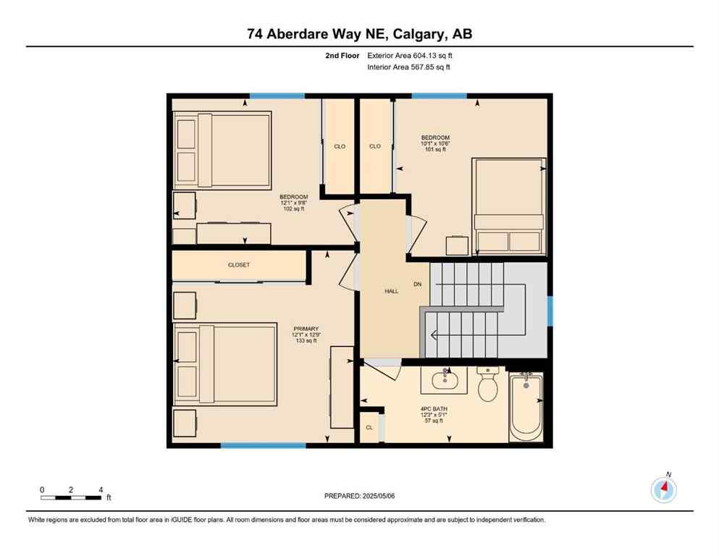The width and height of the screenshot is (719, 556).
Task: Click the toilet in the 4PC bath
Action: click(488, 385)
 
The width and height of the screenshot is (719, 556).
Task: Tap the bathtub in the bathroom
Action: click(526, 407)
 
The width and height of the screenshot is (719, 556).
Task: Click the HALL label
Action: click(391, 291)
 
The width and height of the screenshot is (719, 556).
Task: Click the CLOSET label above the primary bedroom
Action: click(238, 265)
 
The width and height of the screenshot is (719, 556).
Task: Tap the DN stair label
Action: click(417, 284)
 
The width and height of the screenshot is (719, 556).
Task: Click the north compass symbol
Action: click(664, 489)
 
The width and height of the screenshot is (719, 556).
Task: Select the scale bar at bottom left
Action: click(71, 497)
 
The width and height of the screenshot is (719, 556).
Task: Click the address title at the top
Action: click(359, 34)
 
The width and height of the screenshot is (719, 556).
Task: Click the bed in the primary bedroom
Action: click(226, 363)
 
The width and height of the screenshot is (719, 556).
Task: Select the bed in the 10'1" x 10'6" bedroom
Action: click(508, 206)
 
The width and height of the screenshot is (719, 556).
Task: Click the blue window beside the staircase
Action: click(550, 311)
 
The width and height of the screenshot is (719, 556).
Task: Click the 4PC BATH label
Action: click(434, 409)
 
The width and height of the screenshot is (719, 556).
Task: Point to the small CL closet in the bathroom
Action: click(369, 428)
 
